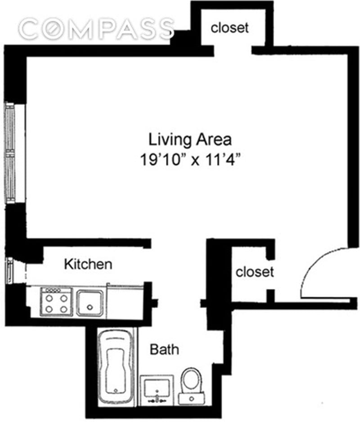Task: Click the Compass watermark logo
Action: [x=97, y=28]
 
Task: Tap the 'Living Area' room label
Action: [x=190, y=139]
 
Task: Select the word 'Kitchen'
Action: [x=88, y=264]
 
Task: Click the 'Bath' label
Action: [x=164, y=349]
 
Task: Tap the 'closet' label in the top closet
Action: [x=229, y=28]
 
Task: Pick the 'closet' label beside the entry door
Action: [x=255, y=272]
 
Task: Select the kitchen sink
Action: [x=90, y=303]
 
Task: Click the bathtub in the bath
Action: [x=116, y=368]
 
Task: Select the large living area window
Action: [x=10, y=153]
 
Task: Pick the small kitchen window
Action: [x=9, y=271]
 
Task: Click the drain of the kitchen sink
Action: [x=90, y=307]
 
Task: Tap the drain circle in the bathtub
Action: [x=116, y=391]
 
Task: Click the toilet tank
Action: [x=191, y=398]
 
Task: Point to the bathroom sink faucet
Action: [x=157, y=400]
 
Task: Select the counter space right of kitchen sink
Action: [x=125, y=301]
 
